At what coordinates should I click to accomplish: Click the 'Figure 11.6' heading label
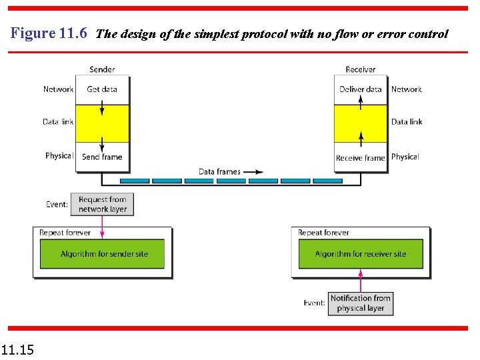(x=49, y=33)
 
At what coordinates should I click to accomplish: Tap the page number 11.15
(x=18, y=349)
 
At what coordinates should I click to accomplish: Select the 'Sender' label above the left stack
(x=102, y=69)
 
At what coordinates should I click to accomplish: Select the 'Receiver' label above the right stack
(x=361, y=69)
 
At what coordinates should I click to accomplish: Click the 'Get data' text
(x=102, y=89)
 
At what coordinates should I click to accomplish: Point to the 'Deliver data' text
(x=361, y=89)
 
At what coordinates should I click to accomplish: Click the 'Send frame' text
(x=102, y=157)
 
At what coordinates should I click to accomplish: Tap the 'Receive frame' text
(x=361, y=158)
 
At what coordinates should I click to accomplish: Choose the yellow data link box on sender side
(x=102, y=123)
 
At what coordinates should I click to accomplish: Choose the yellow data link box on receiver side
(x=361, y=123)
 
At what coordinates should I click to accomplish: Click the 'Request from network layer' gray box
(x=102, y=204)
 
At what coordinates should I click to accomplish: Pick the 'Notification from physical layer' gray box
(x=361, y=303)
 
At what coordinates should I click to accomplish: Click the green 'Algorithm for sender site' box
(x=104, y=254)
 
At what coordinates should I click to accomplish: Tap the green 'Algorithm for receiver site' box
(x=361, y=254)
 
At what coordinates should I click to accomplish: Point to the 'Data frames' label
(x=219, y=171)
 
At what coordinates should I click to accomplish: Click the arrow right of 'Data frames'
(x=253, y=171)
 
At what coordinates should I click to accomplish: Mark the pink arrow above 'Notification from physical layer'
(x=361, y=280)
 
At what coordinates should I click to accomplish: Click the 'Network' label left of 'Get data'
(x=58, y=89)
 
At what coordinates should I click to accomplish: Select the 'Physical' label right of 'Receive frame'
(x=405, y=157)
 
